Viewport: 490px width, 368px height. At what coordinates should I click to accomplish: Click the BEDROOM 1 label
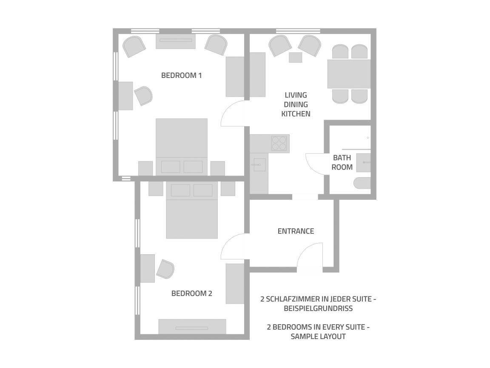point(181,75)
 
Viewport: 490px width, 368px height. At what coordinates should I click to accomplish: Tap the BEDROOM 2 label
point(191,293)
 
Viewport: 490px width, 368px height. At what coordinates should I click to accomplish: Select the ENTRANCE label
point(296,231)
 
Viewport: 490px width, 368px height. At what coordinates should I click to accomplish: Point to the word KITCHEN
point(296,114)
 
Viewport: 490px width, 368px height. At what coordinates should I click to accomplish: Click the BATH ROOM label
point(342,162)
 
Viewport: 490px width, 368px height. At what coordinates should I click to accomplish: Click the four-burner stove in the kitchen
point(279,143)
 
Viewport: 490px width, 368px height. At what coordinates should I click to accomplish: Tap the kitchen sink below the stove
point(259,164)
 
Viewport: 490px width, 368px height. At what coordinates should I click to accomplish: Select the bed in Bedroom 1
point(182,147)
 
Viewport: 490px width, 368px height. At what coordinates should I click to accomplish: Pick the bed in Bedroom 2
point(191,210)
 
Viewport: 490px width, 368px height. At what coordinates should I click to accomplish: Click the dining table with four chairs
point(349,74)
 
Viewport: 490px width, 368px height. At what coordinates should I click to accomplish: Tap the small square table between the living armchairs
point(295,57)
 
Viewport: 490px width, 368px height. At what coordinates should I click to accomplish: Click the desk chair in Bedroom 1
point(143,96)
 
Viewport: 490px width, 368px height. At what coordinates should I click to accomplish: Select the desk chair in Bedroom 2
point(165,269)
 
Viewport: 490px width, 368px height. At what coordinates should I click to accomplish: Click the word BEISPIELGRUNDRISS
point(318,308)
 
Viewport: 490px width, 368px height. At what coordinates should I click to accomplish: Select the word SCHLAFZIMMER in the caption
point(293,299)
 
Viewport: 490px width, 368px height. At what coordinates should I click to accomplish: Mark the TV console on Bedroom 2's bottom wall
point(192,326)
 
